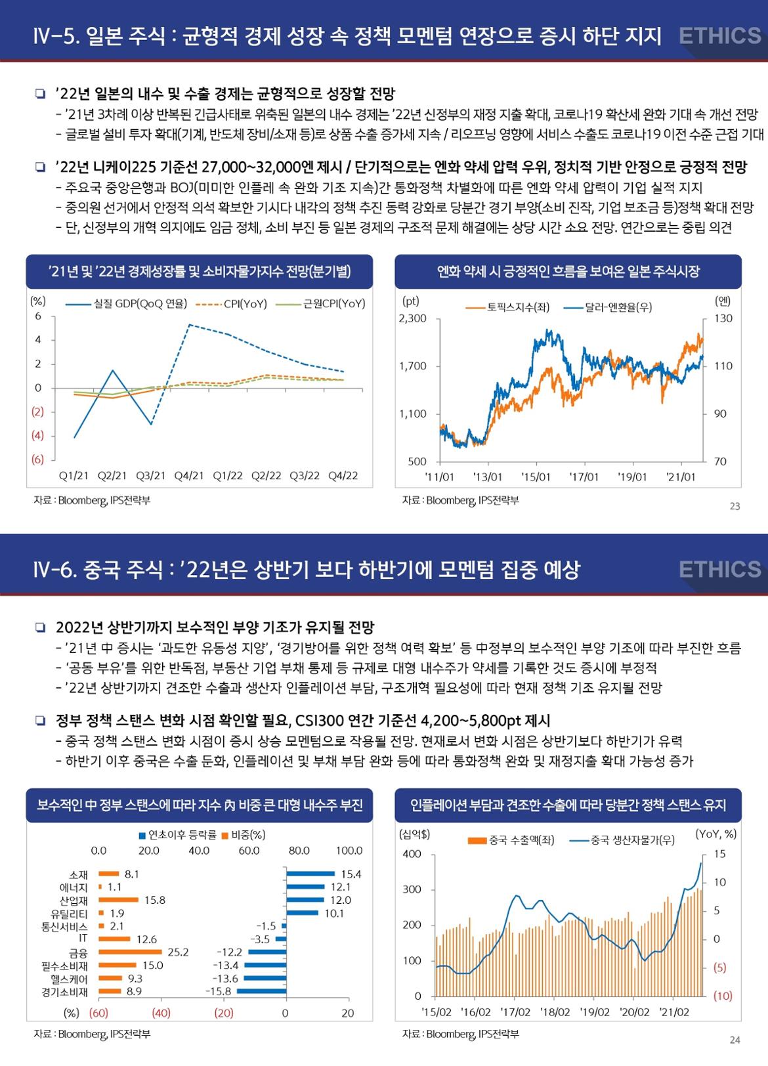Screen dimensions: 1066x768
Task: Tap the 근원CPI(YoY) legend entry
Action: (x=322, y=303)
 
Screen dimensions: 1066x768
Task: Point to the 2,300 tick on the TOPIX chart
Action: (x=412, y=318)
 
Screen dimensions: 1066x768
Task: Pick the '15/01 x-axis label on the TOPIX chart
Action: (x=536, y=477)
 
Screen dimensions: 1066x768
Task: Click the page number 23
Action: (x=735, y=506)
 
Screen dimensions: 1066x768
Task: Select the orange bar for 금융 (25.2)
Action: (x=130, y=952)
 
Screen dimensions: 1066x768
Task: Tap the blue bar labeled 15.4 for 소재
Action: (x=310, y=874)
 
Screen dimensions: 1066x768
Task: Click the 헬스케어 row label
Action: (x=70, y=978)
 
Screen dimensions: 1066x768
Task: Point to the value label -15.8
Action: (x=218, y=991)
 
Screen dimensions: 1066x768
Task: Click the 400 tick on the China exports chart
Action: (x=412, y=854)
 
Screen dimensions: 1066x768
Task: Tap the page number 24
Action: (x=735, y=1040)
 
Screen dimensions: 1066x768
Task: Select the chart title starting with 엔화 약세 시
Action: (x=568, y=271)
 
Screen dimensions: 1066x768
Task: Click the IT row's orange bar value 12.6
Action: (x=147, y=939)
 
